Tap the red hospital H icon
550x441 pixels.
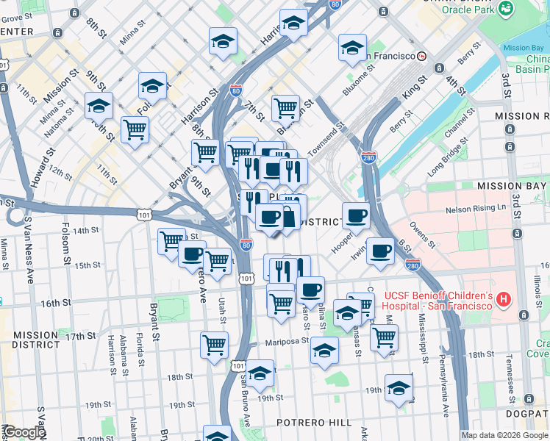pyautogui.click(x=503, y=299)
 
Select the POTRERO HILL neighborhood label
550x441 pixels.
pyautogui.click(x=314, y=423)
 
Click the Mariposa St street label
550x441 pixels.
pyautogui.click(x=285, y=341)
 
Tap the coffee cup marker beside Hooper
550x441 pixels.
pyautogui.click(x=356, y=216)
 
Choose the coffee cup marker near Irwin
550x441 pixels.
pyautogui.click(x=380, y=251)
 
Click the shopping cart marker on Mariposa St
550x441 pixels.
pyautogui.click(x=214, y=344)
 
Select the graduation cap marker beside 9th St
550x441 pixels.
pyautogui.click(x=152, y=85)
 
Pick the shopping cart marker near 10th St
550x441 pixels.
pyautogui.click(x=135, y=130)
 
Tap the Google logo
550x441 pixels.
pyautogui.click(x=24, y=432)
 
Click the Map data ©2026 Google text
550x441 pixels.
pyautogui.click(x=504, y=435)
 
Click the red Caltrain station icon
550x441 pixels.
pyautogui.click(x=422, y=56)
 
